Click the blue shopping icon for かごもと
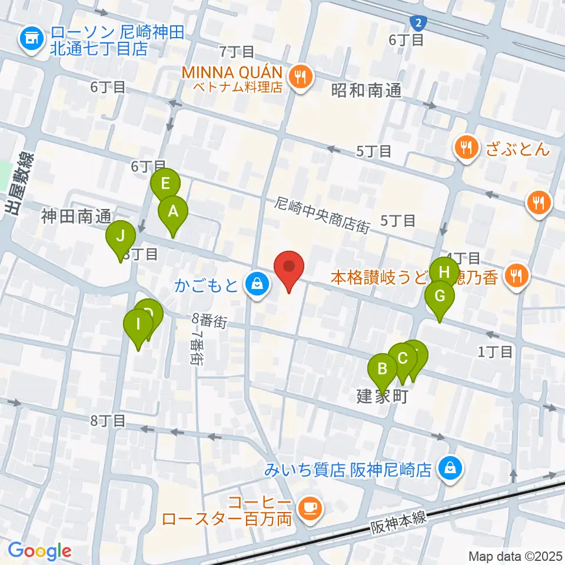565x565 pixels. click(x=257, y=285)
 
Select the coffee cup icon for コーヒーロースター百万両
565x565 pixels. click(x=310, y=508)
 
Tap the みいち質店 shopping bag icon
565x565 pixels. click(x=450, y=469)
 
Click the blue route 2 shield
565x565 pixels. click(x=418, y=23)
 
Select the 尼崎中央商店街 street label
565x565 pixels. click(x=321, y=215)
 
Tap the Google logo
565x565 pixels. click(x=40, y=551)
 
